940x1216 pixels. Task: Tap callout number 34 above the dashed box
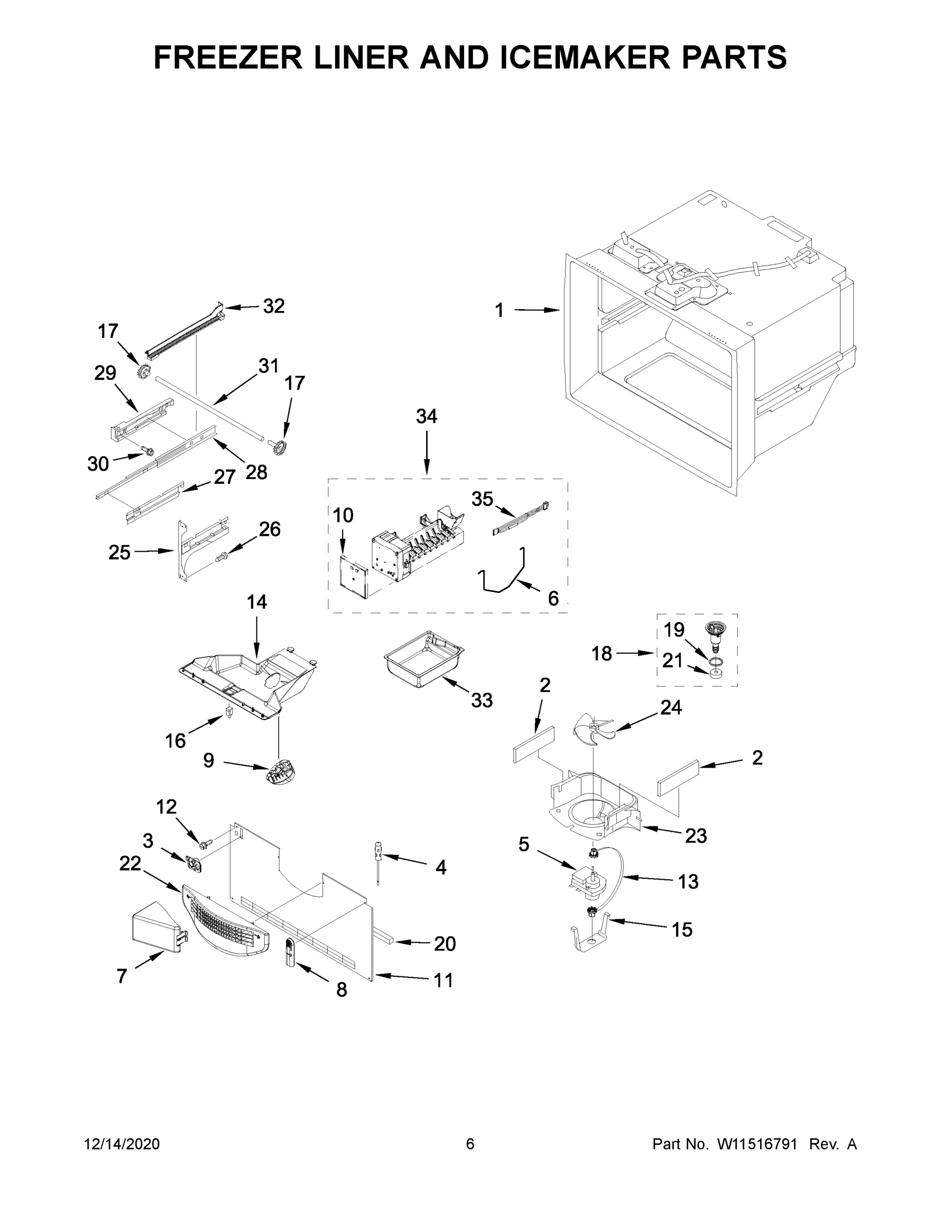point(427,416)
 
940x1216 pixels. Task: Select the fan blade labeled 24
point(593,727)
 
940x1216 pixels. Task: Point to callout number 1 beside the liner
point(499,311)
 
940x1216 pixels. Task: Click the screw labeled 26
point(221,555)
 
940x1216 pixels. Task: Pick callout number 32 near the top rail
point(274,306)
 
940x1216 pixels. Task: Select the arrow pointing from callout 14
point(257,635)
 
